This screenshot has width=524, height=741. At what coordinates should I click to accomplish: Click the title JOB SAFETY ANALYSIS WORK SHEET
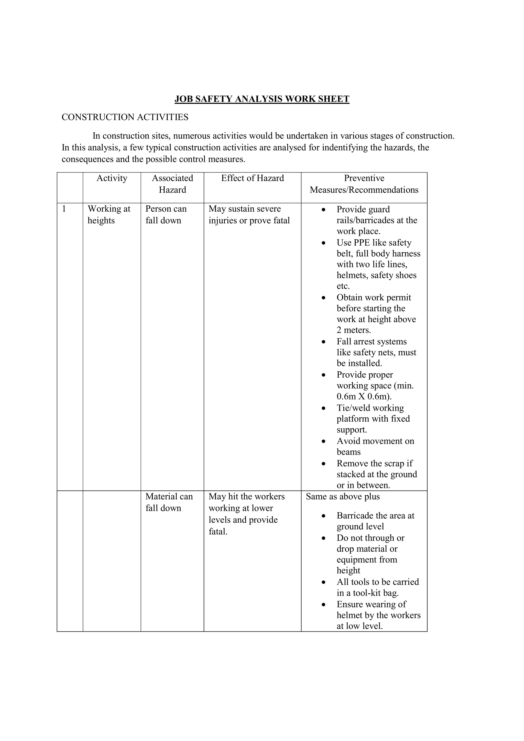pyautogui.click(x=262, y=99)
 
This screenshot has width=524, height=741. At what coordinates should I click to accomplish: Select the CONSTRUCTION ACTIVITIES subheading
pyautogui.click(x=125, y=117)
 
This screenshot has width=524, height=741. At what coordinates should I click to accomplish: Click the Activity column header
pyautogui.click(x=112, y=178)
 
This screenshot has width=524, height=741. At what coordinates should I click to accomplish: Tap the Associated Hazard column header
pyautogui.click(x=172, y=184)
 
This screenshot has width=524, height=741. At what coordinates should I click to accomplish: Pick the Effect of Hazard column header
pyautogui.click(x=252, y=178)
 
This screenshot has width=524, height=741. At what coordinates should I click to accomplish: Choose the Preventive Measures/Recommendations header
pyautogui.click(x=364, y=184)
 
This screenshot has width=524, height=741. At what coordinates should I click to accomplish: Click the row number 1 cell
pyautogui.click(x=64, y=209)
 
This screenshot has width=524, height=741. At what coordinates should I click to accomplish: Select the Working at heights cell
pyautogui.click(x=109, y=215)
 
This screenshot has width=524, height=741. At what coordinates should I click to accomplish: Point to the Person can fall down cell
pyautogui.click(x=166, y=215)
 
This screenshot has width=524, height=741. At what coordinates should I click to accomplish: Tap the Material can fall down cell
pyautogui.click(x=169, y=502)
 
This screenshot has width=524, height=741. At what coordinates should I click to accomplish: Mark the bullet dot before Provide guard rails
pyautogui.click(x=324, y=210)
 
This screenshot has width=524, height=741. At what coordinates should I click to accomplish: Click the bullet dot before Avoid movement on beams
pyautogui.click(x=324, y=441)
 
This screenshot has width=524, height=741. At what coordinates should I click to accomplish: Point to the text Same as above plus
pyautogui.click(x=343, y=496)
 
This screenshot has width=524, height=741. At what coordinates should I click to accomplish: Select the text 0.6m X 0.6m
pyautogui.click(x=364, y=396)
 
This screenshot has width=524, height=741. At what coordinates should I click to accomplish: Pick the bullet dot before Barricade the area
pyautogui.click(x=324, y=516)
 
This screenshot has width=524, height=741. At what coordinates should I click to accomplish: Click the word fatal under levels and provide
pyautogui.click(x=218, y=531)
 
